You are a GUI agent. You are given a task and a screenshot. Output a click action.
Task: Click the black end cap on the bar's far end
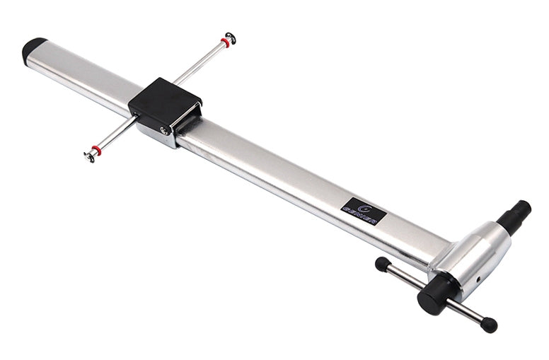(x=33, y=50)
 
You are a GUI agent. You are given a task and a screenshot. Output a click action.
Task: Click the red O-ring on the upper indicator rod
(x=225, y=42)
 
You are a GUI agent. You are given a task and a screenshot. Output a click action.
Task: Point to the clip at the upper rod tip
(x=231, y=37)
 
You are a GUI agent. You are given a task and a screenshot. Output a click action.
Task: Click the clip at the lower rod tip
(x=89, y=156)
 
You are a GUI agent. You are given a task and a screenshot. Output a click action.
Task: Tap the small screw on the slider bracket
(x=164, y=130)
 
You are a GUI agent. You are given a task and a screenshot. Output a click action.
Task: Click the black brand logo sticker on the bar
(x=362, y=211)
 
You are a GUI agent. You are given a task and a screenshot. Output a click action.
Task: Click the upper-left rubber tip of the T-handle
(x=383, y=265)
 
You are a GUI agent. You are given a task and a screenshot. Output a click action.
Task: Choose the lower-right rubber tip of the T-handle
(x=488, y=325)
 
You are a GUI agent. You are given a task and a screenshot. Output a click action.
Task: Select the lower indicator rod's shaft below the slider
(x=117, y=134)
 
